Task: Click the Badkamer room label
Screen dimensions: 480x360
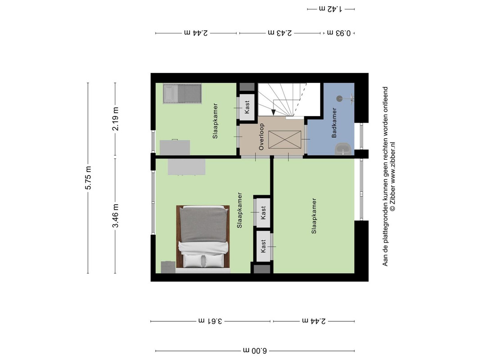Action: pos(334,122)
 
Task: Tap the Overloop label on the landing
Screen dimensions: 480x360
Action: pos(261,136)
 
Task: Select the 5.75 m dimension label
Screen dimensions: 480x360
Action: pos(88,178)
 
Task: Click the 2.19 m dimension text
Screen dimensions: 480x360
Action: pos(116,119)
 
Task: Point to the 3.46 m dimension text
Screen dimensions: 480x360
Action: pos(116,216)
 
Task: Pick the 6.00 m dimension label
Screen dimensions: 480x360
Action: pos(255,350)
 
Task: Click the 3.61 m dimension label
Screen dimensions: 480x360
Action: pos(211,321)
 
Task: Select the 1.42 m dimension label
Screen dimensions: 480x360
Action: pos(331,9)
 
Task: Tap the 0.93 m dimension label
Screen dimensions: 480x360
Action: pos(339,33)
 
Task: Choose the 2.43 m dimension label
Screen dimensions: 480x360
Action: pos(280,33)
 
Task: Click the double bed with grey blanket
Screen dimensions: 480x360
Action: pos(203,239)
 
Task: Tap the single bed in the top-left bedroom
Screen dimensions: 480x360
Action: pos(182,94)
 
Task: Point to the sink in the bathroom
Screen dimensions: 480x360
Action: pos(344,149)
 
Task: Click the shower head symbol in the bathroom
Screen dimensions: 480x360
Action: pos(340,99)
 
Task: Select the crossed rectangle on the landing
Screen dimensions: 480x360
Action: pos(285,139)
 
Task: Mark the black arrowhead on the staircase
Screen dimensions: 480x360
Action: pos(274,112)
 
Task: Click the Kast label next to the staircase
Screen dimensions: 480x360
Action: pos(247,108)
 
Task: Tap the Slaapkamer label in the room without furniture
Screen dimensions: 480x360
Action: pos(314,216)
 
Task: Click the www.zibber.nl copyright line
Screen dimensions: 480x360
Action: pos(392,176)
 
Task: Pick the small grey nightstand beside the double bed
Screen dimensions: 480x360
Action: pos(168,267)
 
